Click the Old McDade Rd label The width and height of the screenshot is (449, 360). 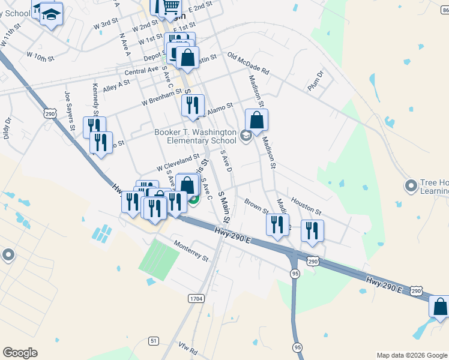point(249,64)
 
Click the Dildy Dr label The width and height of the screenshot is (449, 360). point(7,127)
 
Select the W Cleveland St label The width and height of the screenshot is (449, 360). point(178,161)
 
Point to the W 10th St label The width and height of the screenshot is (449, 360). point(41,57)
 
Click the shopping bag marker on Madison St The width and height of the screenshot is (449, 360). point(256,120)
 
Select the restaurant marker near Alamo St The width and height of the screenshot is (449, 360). point(193,106)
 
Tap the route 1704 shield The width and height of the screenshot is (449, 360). point(196,298)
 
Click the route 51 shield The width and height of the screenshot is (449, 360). point(154,341)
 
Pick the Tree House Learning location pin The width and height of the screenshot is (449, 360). point(411,186)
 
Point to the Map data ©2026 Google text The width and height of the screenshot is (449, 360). point(411,355)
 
